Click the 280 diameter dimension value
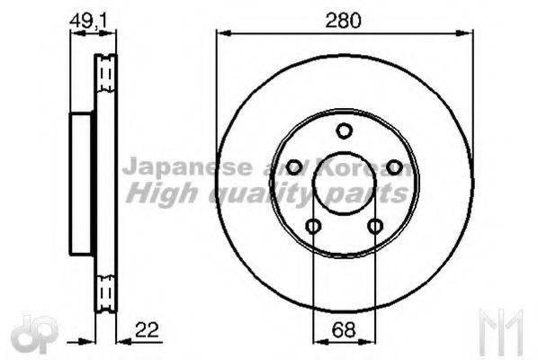pyautogui.click(x=343, y=21)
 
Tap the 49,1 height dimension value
pyautogui.click(x=88, y=21)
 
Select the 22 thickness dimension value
pyautogui.click(x=147, y=329)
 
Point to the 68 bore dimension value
pyautogui.click(x=343, y=330)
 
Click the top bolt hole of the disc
pyautogui.click(x=344, y=130)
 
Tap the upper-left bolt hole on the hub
pyautogui.click(x=293, y=167)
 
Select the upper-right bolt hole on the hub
pyautogui.click(x=394, y=167)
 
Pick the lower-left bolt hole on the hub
pyautogui.click(x=313, y=226)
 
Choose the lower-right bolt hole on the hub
pyautogui.click(x=375, y=226)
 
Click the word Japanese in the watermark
pyautogui.click(x=187, y=167)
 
